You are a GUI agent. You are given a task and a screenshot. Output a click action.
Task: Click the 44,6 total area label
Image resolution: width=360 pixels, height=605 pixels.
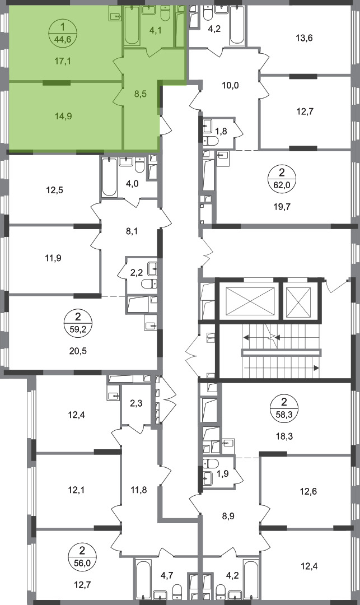[x=63, y=39]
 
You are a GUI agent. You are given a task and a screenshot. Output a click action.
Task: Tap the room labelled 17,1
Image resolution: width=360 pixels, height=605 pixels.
[x=63, y=61]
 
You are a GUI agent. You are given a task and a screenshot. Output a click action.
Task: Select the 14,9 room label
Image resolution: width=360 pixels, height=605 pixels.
[x=63, y=116]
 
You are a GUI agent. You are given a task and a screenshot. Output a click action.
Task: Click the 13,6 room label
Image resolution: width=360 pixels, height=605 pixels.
[x=304, y=38]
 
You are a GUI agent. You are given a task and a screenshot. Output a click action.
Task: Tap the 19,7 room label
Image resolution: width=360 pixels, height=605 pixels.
[x=283, y=206]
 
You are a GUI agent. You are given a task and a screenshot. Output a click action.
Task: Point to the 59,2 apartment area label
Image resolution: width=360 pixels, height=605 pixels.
[x=78, y=331]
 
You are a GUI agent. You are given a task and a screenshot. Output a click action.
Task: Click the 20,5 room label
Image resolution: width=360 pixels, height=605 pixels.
[x=78, y=351]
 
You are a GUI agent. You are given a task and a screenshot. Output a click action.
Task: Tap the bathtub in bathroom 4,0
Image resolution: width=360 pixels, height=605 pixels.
[x=109, y=177]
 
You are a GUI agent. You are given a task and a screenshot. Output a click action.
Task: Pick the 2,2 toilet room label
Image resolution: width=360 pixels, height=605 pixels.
[x=137, y=273]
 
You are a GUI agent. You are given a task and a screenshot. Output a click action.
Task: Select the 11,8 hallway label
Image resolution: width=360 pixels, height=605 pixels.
[x=139, y=490]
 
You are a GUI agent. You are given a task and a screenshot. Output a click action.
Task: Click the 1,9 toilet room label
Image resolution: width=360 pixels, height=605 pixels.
[x=223, y=473]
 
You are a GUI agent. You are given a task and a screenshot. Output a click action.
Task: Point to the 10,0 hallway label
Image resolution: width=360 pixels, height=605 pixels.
[x=231, y=85]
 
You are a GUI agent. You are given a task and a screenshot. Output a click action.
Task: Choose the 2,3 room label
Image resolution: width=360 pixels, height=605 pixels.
[x=137, y=403]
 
